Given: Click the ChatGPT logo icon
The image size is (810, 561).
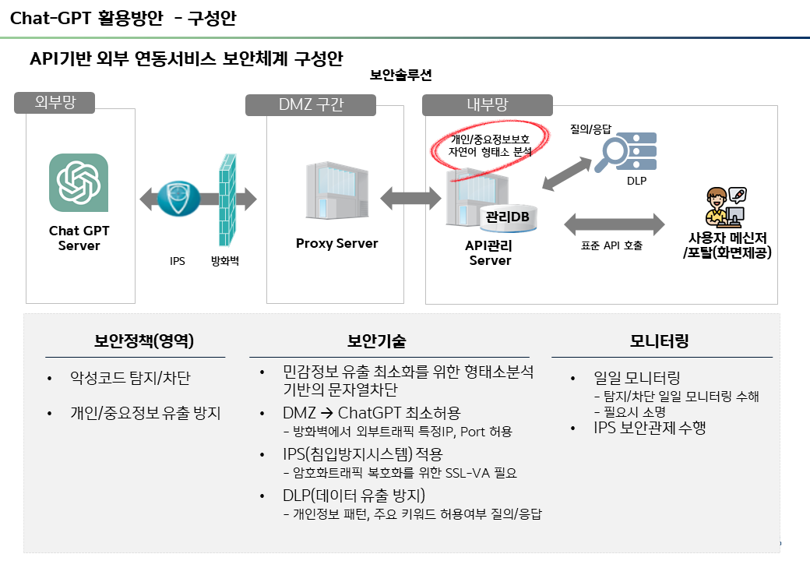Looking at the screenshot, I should [79, 182].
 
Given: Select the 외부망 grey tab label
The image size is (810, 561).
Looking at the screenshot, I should [55, 103].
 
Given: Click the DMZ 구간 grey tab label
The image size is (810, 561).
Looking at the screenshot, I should [311, 105].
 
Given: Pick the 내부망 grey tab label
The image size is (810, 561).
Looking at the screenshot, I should [488, 105].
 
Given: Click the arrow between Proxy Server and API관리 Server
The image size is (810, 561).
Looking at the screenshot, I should [410, 196].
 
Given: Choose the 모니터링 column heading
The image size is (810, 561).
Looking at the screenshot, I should [659, 341].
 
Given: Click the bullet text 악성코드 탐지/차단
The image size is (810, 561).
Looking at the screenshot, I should [130, 379].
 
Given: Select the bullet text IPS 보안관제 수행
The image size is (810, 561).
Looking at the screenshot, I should [650, 428].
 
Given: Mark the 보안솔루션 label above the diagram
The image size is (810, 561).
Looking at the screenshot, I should [400, 76].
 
